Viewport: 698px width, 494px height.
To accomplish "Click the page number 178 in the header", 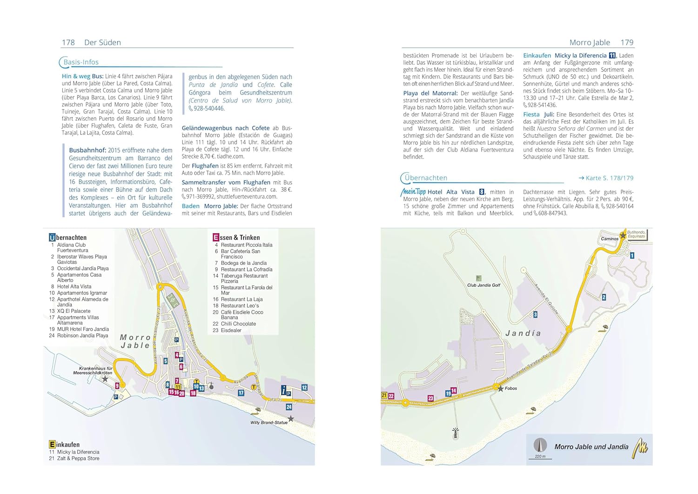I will point(68,42).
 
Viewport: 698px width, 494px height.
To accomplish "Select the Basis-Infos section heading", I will point(81,62).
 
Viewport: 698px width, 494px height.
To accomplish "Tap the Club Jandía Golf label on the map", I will point(483,285).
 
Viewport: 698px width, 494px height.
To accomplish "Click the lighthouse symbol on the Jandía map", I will point(455,433).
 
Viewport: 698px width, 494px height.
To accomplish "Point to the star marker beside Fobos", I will point(500,388).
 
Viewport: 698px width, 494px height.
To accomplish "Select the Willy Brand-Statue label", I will point(268,423).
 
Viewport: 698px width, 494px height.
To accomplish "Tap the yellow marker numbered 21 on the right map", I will point(384,395).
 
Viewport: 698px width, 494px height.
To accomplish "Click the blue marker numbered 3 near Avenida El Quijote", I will point(535,315).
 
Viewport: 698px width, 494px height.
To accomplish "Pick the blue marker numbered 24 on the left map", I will point(289,407).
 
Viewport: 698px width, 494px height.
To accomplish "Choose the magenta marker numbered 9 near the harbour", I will point(117,386).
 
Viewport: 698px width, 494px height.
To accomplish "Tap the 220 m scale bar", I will point(540,457).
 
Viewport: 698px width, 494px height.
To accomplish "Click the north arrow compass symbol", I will point(540,445).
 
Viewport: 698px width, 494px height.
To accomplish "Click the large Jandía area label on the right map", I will point(523,333).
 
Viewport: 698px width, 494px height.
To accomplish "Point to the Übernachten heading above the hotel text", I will point(426,178).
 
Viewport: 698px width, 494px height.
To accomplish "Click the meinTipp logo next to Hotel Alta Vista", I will point(413,192).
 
